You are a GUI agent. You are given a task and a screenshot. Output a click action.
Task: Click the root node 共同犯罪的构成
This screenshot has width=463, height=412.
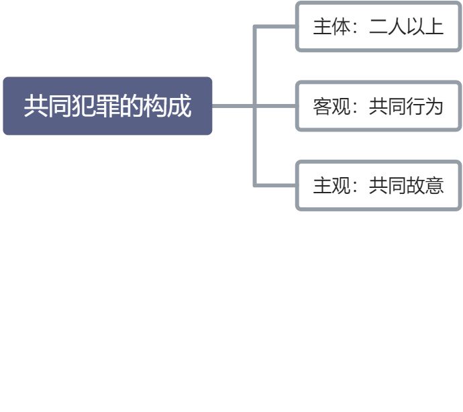pyautogui.click(x=107, y=106)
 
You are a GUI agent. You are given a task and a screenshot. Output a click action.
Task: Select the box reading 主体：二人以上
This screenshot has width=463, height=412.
pyautogui.click(x=378, y=27)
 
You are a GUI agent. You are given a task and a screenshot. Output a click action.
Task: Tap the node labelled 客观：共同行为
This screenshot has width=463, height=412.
pyautogui.click(x=378, y=106)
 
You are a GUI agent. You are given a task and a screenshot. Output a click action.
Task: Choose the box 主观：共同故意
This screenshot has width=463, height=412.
pyautogui.click(x=378, y=185)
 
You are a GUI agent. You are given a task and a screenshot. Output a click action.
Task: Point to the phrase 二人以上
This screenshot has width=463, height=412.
pyautogui.click(x=406, y=27)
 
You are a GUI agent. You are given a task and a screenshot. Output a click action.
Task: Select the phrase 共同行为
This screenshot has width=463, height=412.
pyautogui.click(x=406, y=106)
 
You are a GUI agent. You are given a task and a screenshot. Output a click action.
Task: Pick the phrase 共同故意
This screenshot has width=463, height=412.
pyautogui.click(x=406, y=185)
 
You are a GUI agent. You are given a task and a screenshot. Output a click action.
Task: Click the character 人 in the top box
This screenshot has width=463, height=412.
pyautogui.click(x=397, y=27)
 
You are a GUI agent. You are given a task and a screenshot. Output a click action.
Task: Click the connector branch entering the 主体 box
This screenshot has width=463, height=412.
pyautogui.click(x=275, y=27)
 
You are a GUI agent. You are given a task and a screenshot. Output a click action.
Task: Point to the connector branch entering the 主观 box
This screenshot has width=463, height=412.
pyautogui.click(x=275, y=185)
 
